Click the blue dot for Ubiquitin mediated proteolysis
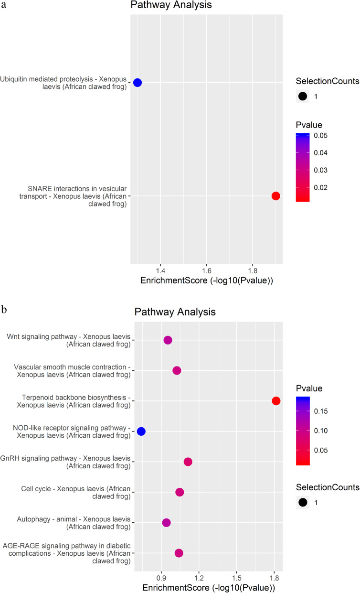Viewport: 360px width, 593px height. [138, 83]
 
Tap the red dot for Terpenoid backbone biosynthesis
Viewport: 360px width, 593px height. [276, 401]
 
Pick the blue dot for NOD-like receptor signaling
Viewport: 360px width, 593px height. [141, 431]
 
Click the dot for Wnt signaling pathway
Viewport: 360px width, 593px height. [168, 340]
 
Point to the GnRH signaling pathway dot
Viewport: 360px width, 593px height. [188, 462]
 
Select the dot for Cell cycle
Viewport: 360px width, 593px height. [180, 492]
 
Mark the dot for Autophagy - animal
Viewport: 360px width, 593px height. [166, 523]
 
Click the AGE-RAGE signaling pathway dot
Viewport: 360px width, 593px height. [179, 553]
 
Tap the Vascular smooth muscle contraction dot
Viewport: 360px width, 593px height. [177, 370]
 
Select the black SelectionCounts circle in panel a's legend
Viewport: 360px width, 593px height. [302, 96]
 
